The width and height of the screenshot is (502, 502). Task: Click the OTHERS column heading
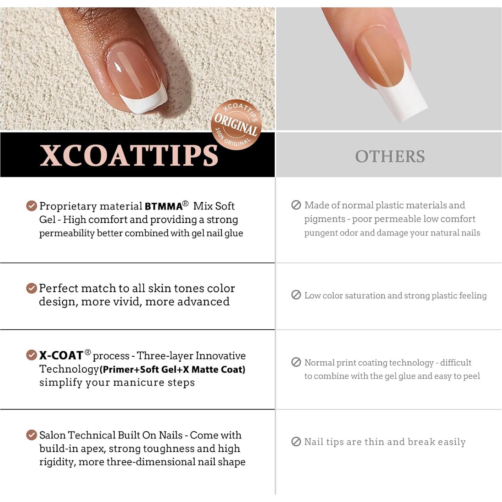coord(390,156)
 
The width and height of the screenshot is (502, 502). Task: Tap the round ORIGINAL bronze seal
coord(236,124)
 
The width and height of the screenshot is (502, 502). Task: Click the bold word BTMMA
coord(163,206)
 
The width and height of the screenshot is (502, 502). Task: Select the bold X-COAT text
coord(61,355)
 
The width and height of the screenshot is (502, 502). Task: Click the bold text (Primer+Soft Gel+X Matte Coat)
coord(172,369)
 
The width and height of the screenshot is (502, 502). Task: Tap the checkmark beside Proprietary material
coord(32,206)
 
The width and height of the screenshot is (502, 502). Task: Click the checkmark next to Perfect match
coord(32,288)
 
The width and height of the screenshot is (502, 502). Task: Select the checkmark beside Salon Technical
coord(32,435)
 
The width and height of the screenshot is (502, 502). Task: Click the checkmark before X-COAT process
coord(32,355)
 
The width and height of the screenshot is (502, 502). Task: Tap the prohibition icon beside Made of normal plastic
coord(296,205)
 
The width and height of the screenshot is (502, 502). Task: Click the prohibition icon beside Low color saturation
coord(296,295)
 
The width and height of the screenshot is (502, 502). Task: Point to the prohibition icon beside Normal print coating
coord(296,362)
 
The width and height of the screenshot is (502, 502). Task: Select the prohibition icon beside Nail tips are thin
coord(296,441)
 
